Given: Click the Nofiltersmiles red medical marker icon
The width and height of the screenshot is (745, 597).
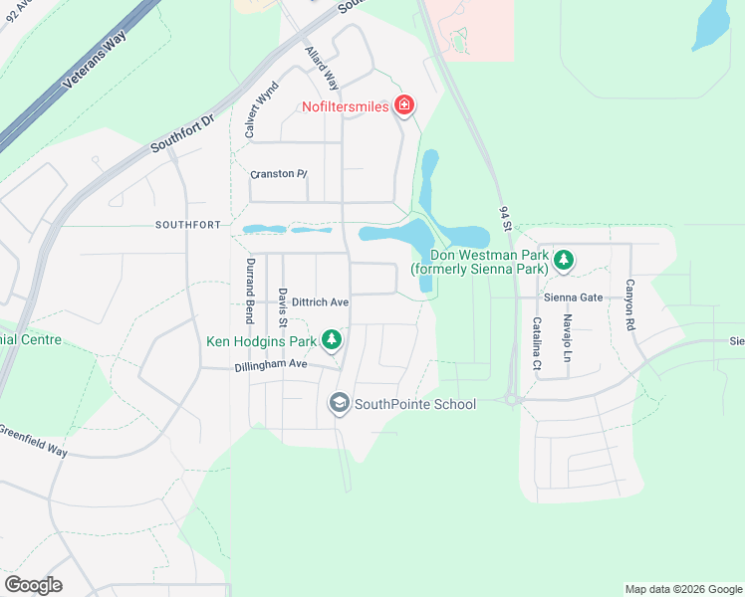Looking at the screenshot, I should click(x=404, y=105).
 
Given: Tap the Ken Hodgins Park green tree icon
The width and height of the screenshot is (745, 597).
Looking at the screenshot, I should click(x=332, y=341).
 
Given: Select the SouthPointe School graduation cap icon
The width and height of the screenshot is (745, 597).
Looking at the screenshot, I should click(x=339, y=403).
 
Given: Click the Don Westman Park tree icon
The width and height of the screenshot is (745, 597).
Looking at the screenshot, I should click(x=564, y=261).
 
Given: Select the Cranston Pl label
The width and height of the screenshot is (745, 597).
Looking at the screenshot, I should click(x=278, y=174).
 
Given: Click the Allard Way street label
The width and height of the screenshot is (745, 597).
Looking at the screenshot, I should click(x=323, y=67).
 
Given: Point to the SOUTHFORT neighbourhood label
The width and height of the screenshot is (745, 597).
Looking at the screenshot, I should click(x=187, y=225).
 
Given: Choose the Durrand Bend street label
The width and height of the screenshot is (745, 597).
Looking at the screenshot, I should click(x=249, y=290).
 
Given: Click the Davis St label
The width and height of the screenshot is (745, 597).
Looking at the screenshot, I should click(x=283, y=307).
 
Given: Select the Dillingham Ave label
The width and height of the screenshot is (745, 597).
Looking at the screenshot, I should click(x=271, y=365).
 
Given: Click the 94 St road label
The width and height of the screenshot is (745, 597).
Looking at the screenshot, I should click(x=504, y=219).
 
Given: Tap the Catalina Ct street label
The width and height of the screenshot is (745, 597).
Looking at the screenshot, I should click(x=536, y=343).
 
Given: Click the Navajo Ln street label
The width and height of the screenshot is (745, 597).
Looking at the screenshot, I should click(x=566, y=337).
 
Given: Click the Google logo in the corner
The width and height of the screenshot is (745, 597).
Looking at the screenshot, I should click(x=33, y=585).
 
